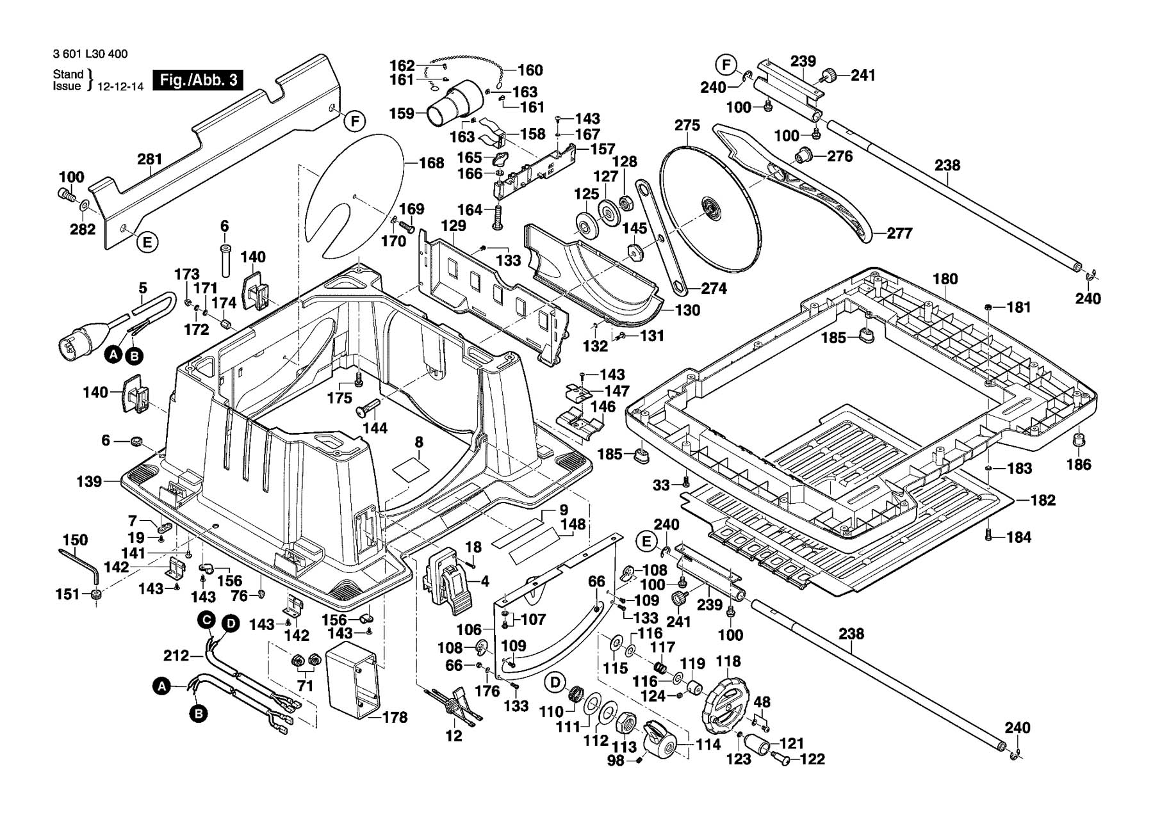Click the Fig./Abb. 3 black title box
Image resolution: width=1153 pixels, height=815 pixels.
click(198, 80)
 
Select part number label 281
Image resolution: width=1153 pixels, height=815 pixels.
click(150, 159)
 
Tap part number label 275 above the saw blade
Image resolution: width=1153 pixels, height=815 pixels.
click(687, 125)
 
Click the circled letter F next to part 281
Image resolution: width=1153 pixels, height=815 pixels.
click(354, 121)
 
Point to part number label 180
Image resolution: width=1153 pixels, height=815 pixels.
click(945, 279)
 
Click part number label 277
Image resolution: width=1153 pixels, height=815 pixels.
click(899, 234)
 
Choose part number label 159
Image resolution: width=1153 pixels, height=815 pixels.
click(402, 114)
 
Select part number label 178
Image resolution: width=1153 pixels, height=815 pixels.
click(395, 718)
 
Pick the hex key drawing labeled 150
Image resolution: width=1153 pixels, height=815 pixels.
click(78, 563)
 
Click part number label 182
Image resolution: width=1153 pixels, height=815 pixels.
click(1042, 500)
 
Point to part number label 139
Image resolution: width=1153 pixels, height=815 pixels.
click(90, 481)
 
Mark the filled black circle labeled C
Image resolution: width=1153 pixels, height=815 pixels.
click(206, 619)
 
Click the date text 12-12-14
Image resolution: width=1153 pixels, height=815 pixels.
click(120, 86)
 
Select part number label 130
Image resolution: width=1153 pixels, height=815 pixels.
click(687, 311)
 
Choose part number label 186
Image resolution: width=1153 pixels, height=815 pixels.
click(1078, 464)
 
